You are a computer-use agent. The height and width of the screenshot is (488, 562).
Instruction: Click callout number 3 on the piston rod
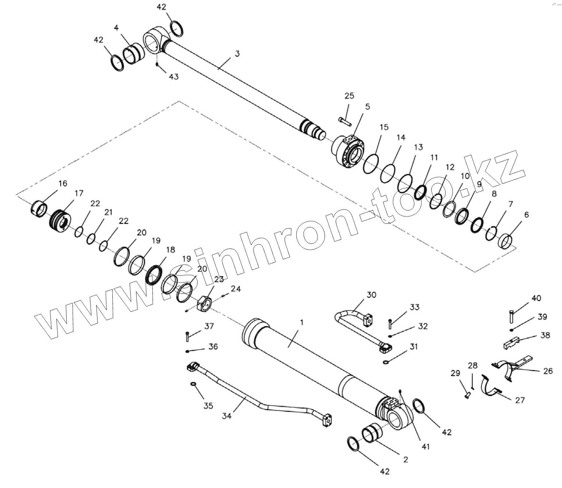coord(237,54)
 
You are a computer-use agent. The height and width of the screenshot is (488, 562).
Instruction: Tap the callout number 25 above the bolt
coord(349,96)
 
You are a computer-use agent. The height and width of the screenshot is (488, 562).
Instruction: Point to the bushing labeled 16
coord(39,208)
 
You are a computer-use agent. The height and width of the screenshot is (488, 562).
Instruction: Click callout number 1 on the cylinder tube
coord(301,323)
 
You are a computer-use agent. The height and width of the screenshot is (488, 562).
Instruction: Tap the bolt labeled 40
coord(512,316)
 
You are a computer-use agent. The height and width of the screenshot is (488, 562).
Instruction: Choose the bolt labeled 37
coord(188,336)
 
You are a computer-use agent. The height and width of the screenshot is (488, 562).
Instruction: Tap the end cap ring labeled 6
coord(505,241)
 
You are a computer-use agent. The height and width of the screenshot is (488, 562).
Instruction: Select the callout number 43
coord(174,77)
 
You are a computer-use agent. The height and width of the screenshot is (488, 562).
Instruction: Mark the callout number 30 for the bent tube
coord(371,295)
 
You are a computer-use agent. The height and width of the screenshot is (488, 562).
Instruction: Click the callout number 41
coord(426,446)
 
